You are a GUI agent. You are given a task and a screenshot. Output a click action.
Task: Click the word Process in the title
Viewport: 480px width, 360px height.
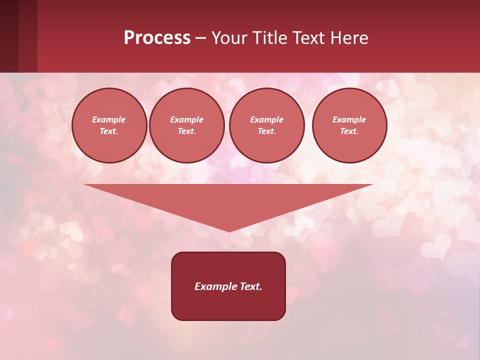157,38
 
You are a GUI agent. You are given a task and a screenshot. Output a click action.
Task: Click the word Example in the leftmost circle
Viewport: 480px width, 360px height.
109,119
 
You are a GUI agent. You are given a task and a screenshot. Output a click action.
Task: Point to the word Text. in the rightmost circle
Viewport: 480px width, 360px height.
349,131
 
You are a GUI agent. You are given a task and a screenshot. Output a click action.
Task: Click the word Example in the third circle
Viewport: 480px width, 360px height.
266,119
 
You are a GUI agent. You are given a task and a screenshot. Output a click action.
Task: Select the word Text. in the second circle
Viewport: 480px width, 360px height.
186,131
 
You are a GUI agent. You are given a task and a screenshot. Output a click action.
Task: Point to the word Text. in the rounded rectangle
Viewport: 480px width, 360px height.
251,286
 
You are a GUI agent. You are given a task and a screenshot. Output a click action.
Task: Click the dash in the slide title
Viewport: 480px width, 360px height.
200,38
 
